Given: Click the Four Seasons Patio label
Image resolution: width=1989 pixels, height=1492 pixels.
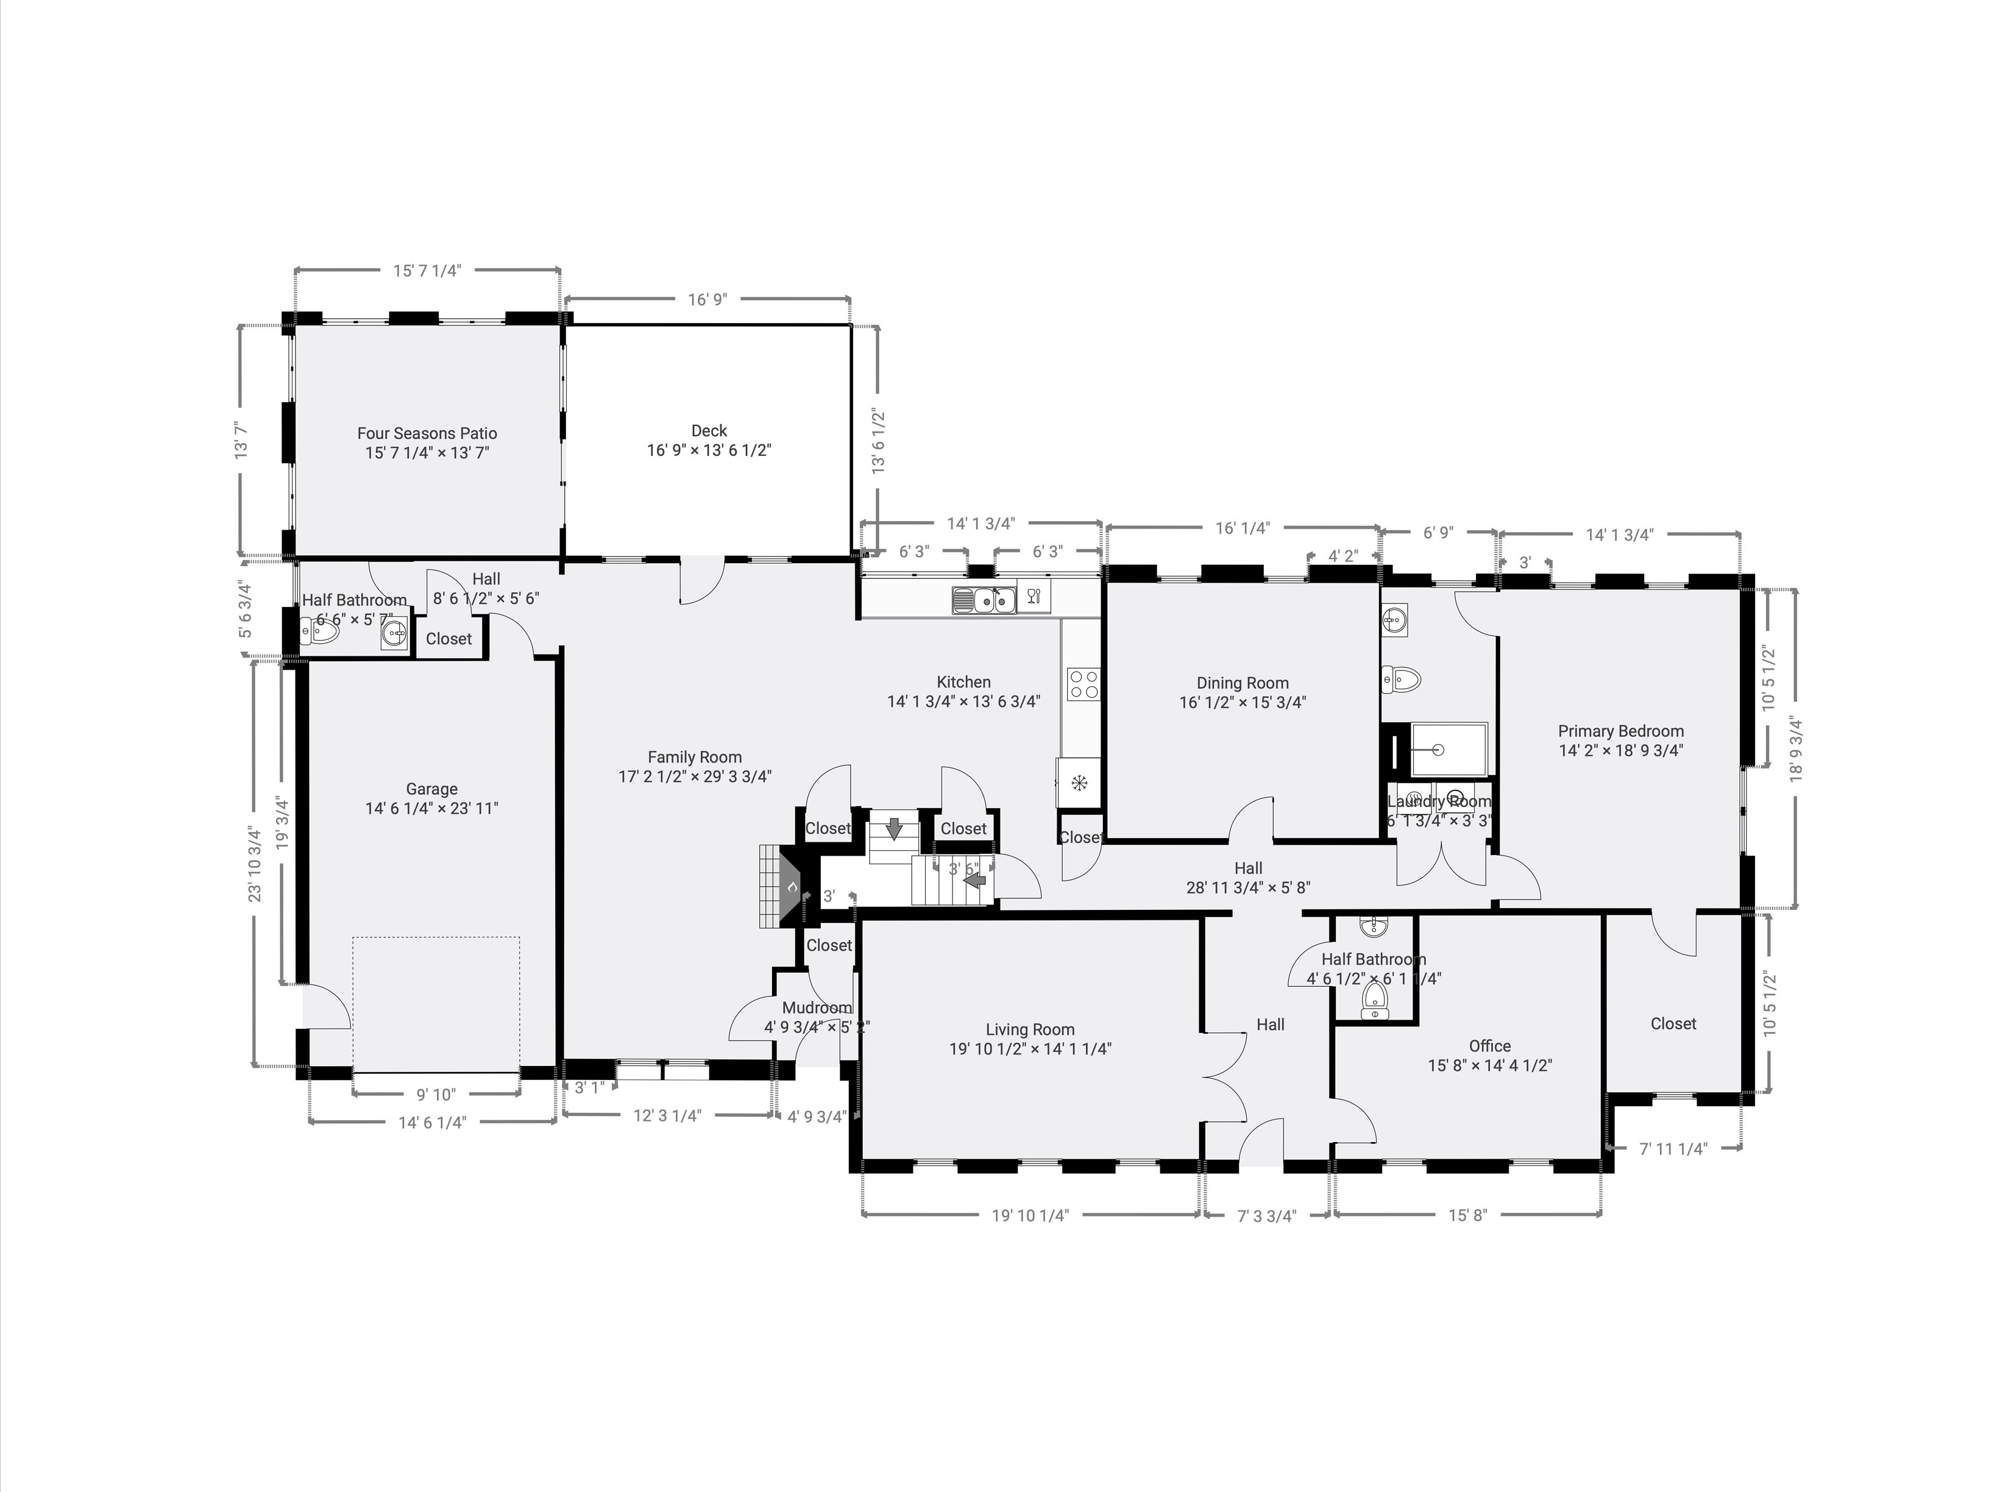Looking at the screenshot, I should [427, 433].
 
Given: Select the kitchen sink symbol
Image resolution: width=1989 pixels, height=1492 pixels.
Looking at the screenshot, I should [984, 599].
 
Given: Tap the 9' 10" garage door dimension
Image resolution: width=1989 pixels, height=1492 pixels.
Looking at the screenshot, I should [436, 1095].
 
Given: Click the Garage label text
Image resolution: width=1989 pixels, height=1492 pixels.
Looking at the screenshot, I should [431, 789].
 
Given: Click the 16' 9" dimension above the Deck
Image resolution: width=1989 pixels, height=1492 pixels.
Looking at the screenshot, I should [707, 299].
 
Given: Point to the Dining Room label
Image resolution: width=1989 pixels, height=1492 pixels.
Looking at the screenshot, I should [1242, 683].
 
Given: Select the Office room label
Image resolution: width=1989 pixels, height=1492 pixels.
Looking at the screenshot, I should [1489, 1046].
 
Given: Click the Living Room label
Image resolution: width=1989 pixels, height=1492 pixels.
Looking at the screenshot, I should [1030, 1030].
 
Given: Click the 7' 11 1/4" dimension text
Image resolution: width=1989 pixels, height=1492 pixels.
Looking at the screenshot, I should [1673, 1148].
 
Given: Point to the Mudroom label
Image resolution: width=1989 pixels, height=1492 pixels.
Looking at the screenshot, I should [815, 1007].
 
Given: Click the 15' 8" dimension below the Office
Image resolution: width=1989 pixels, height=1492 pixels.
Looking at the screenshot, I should [1467, 1216].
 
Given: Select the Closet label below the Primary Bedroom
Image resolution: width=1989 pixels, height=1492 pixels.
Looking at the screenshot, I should [1673, 1023].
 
